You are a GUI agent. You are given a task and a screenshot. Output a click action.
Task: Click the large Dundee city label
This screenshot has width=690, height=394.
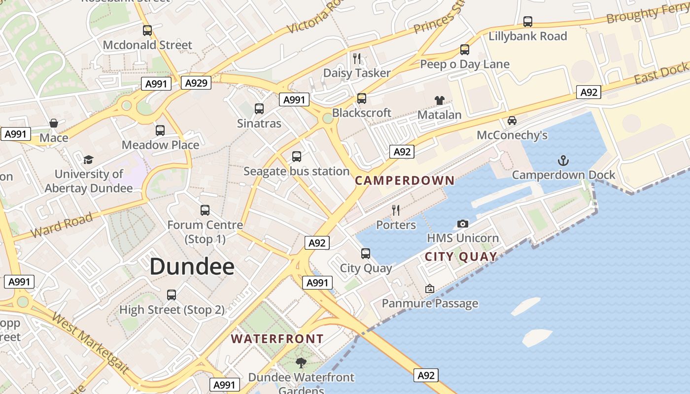(x=192, y=266)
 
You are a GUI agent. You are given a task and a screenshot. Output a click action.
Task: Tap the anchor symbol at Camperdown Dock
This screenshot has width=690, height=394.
(x=563, y=161)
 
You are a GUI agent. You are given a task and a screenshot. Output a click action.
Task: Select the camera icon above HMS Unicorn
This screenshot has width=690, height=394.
(x=462, y=224)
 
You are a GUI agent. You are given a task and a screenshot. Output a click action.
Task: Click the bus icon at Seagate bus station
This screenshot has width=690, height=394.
(x=297, y=157)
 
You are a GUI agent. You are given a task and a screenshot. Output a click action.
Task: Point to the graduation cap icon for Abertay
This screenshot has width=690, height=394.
(x=89, y=160)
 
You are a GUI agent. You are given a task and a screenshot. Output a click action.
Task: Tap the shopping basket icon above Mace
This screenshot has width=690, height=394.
(x=54, y=123)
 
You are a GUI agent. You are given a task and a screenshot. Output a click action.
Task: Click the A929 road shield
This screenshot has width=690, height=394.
(x=196, y=83)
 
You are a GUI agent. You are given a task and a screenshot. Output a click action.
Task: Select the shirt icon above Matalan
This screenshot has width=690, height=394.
(x=440, y=100)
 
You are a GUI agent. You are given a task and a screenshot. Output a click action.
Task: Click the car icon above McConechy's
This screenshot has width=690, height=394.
(x=512, y=121)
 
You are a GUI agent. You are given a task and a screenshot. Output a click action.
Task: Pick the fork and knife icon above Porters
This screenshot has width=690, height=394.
(x=396, y=210)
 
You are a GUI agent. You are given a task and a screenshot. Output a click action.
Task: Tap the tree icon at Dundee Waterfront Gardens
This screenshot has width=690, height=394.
(x=301, y=363)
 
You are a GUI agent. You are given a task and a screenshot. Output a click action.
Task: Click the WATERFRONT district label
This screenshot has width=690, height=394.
(x=277, y=339)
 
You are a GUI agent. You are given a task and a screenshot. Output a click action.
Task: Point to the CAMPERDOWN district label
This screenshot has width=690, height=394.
(x=405, y=180)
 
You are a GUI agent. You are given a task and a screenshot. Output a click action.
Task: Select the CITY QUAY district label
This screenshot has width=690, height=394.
(x=461, y=256)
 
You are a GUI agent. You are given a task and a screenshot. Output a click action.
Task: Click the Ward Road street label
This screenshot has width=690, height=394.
(x=61, y=225)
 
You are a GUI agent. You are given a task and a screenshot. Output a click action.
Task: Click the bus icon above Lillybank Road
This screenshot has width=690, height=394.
(x=528, y=22)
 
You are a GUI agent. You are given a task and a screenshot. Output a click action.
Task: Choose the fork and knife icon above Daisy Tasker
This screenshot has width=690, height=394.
(x=357, y=59)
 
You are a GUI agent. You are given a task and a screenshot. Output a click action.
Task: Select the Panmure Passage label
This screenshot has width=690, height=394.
(x=430, y=303)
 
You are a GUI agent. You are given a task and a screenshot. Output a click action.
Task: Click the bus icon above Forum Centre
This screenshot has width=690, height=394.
(x=205, y=210)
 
